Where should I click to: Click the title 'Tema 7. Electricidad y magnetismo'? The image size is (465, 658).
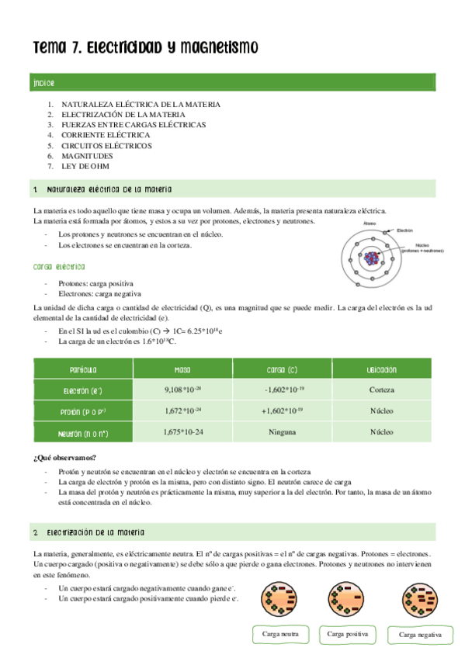pos(144,49)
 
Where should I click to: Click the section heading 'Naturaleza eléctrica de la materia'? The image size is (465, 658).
pos(109,189)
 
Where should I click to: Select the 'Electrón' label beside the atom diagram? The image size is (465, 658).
pos(404,230)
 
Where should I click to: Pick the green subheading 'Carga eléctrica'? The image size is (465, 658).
pos(59,266)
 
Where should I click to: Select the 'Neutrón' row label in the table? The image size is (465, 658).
pos(82,433)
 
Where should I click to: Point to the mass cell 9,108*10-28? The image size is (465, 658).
pos(183,390)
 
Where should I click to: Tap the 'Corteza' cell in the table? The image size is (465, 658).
pos(381,390)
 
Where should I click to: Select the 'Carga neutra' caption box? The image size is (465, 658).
pos(280,634)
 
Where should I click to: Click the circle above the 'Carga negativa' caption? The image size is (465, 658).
pos(420,600)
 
